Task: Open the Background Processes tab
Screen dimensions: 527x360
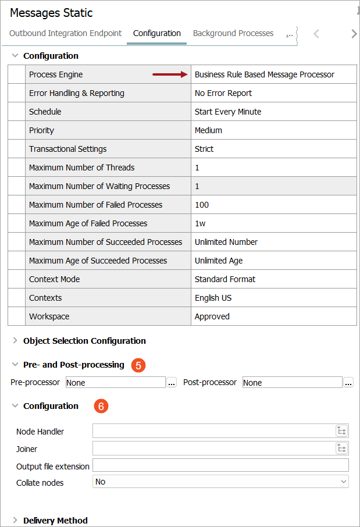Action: coord(233,33)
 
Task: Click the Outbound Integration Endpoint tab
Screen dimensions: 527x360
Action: coord(66,33)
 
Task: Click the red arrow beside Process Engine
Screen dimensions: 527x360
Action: coord(170,74)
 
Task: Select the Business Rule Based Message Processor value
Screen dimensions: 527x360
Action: coord(265,74)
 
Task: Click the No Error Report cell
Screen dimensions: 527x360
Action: coord(223,93)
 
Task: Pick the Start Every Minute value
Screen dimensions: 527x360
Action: coord(228,112)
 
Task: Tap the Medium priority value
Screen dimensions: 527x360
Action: coord(208,130)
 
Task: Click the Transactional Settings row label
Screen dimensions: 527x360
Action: coord(68,149)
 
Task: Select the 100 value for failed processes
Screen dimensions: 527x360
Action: coord(202,205)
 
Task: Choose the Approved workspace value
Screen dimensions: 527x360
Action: coord(212,316)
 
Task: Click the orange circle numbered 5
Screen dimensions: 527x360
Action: coord(138,365)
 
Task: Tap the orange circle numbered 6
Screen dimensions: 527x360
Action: coord(101,407)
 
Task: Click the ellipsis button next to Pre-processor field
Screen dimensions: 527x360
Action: coord(172,383)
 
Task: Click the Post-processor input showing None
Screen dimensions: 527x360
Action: coord(292,383)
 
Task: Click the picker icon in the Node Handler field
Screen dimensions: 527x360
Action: coord(341,431)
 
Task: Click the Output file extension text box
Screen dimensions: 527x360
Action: coord(220,465)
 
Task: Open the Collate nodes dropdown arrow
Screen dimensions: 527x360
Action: coord(343,482)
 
